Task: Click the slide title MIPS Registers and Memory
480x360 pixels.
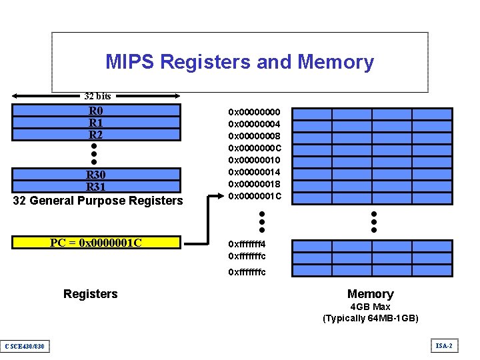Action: click(239, 62)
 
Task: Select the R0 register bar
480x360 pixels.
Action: click(96, 111)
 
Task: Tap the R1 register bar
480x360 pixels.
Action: click(96, 123)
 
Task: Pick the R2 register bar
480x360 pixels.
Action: click(96, 134)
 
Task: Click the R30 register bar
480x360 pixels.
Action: click(96, 175)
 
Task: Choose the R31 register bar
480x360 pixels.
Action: click(96, 187)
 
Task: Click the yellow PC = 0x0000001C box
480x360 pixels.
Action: click(96, 242)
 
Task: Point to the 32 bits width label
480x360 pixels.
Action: click(97, 97)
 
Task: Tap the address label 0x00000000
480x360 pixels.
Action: click(255, 112)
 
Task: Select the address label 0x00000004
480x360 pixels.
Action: click(255, 124)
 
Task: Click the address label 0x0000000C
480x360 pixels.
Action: click(255, 148)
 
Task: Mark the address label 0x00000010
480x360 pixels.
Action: click(255, 160)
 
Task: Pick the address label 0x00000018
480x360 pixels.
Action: click(255, 184)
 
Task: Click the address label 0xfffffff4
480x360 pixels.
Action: click(247, 244)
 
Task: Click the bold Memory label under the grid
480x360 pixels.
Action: click(370, 294)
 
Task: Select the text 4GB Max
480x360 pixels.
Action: click(370, 307)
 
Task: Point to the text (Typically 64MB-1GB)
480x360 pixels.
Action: click(370, 318)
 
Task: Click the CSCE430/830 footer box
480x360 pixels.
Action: click(24, 345)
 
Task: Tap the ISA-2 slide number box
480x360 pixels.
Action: click(444, 345)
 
